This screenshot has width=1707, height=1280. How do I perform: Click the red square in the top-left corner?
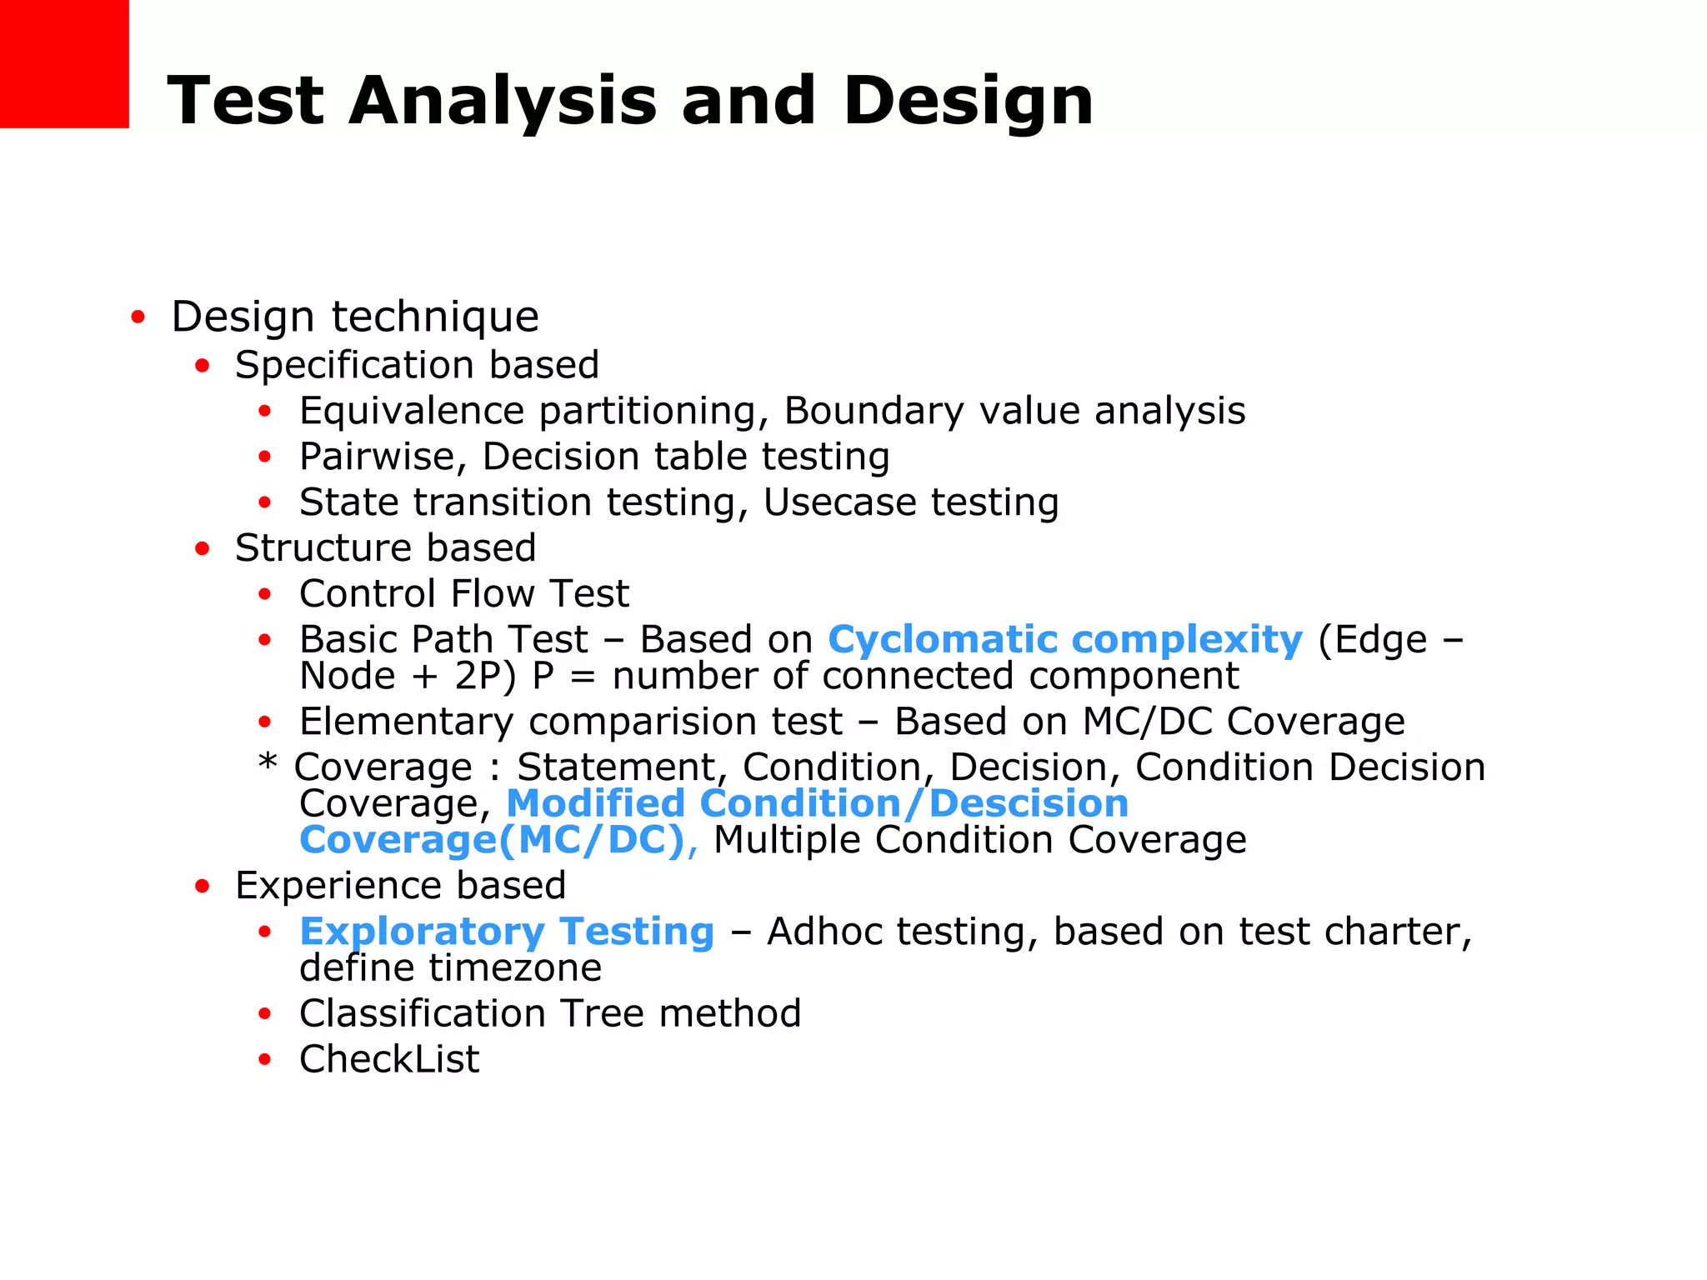64,63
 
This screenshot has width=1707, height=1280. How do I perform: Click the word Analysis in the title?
503,102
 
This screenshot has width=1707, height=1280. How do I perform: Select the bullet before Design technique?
138,317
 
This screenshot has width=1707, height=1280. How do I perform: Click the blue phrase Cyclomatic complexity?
1064,640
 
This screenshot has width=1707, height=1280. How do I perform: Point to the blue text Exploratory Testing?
507,932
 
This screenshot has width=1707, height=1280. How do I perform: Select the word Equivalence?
412,412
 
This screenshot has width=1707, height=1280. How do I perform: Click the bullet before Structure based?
202,549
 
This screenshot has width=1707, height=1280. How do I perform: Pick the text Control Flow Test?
463,594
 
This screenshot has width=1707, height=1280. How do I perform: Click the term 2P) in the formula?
485,676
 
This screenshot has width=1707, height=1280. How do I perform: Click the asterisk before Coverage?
267,762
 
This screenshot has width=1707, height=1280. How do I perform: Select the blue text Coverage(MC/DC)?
492,840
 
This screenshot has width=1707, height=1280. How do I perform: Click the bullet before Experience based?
202,887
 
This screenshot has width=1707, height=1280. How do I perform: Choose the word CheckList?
389,1060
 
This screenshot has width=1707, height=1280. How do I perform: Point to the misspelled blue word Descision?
1029,804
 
